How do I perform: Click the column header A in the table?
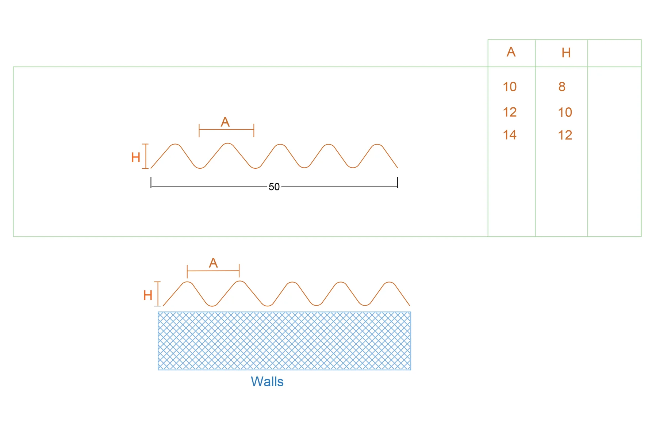511,52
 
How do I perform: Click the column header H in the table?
566,53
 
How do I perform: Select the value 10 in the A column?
510,87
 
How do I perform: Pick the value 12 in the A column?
510,112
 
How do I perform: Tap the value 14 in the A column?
510,135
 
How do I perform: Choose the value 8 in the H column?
562,87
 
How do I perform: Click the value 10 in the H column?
565,112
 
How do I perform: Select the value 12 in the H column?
565,135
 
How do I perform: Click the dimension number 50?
274,187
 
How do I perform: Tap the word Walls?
267,382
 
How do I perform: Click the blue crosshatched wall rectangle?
284,341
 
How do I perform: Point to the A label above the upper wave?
225,122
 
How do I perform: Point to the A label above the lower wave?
213,263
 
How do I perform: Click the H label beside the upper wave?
136,157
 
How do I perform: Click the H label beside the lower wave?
148,295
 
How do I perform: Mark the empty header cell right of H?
614,53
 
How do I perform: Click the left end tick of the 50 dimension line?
151,182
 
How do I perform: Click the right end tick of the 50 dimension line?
398,182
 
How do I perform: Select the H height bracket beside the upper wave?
146,156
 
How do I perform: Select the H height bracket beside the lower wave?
158,294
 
